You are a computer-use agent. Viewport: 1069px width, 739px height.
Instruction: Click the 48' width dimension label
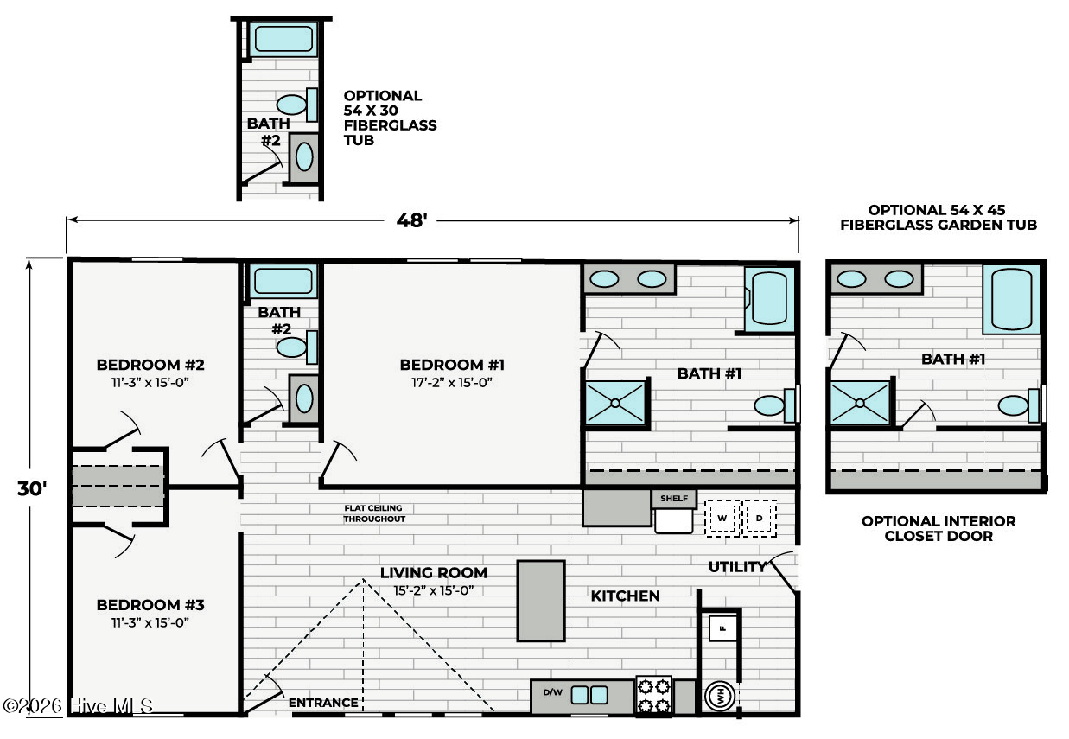[412, 220]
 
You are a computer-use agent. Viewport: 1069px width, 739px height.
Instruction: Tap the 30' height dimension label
[32, 488]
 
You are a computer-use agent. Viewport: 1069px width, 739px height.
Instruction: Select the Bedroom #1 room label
[452, 365]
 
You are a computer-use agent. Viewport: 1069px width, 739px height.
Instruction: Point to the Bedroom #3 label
[150, 605]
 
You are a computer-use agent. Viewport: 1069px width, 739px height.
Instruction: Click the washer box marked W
[722, 518]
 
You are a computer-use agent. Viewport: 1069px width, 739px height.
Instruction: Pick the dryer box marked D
[759, 518]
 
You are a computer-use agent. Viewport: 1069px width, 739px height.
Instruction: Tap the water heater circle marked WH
[720, 696]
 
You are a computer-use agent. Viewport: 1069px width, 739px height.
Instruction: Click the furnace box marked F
[723, 628]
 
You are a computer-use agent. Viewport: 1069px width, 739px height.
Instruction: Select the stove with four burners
[654, 696]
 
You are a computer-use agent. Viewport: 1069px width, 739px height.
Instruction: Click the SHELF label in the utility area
[674, 499]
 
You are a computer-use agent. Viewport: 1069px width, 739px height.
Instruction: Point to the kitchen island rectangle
[541, 601]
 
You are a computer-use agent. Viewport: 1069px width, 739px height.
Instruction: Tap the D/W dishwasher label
[552, 692]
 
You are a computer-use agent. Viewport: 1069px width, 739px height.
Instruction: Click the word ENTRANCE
[323, 703]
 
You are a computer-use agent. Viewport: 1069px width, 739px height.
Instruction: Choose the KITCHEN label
[625, 596]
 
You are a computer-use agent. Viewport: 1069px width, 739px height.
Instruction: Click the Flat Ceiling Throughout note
[374, 513]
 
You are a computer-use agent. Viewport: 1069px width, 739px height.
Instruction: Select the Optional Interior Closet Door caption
[939, 528]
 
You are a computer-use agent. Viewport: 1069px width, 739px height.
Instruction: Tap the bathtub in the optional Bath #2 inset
[283, 39]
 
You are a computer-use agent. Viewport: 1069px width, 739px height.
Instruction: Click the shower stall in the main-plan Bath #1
[615, 403]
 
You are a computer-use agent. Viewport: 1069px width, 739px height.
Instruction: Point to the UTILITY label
[737, 567]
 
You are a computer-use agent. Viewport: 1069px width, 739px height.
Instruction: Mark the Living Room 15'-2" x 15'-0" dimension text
[433, 590]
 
